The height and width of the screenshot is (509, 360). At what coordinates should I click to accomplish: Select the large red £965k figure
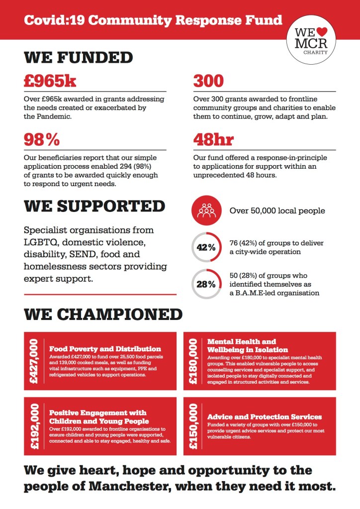point(50,82)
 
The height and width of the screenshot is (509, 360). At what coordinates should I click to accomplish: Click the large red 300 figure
point(208,82)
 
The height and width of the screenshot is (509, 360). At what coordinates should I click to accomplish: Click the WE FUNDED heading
point(78,57)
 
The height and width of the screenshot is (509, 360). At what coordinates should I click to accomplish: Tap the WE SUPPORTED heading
point(94,206)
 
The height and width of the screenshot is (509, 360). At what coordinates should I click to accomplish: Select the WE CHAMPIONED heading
point(103,314)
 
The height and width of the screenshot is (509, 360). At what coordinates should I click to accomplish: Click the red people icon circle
point(205,210)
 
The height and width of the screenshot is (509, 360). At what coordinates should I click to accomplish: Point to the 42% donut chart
point(205,246)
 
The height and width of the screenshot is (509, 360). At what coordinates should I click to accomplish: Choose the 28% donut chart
point(205,284)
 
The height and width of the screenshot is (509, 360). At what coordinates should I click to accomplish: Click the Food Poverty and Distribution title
point(104,349)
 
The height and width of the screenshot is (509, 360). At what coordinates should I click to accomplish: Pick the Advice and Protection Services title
point(264,416)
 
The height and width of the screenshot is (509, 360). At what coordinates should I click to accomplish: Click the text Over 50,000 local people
point(277,211)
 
